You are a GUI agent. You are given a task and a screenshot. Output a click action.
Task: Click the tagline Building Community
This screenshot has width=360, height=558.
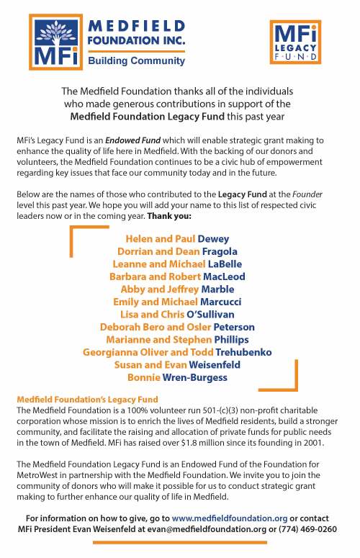[136, 61]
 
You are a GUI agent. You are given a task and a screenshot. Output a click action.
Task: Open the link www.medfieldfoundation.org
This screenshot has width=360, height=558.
[230, 518]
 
